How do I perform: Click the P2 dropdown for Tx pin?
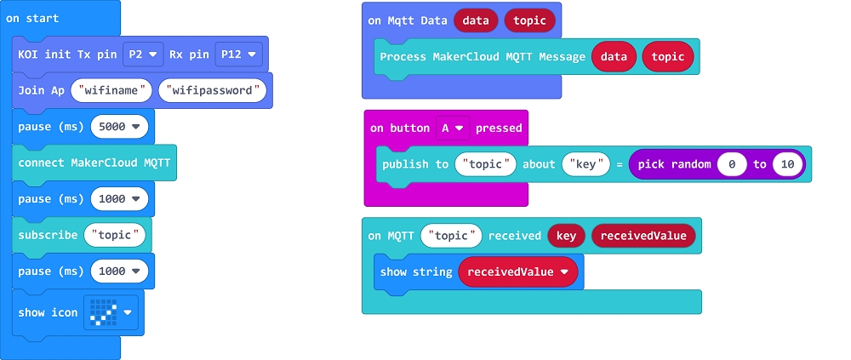pos(143,54)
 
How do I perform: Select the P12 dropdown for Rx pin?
pos(238,54)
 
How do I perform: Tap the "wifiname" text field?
pos(111,90)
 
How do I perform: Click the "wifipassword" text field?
pos(212,90)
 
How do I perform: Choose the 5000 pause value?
pos(119,127)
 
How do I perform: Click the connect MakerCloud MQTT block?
pos(94,163)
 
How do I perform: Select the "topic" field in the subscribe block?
pos(115,235)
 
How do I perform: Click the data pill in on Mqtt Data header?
pos(476,20)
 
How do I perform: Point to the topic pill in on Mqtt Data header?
pos(529,20)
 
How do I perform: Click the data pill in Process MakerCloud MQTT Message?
pos(614,56)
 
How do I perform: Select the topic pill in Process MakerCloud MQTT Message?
pos(667,56)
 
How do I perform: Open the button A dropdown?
pos(453,129)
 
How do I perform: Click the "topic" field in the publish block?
pos(485,164)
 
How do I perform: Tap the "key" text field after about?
pos(586,164)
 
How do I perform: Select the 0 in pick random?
pos(732,164)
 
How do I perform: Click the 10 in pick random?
pos(787,164)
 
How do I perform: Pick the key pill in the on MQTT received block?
pos(566,236)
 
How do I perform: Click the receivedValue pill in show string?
pos(517,272)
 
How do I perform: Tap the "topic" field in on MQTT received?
pos(451,236)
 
